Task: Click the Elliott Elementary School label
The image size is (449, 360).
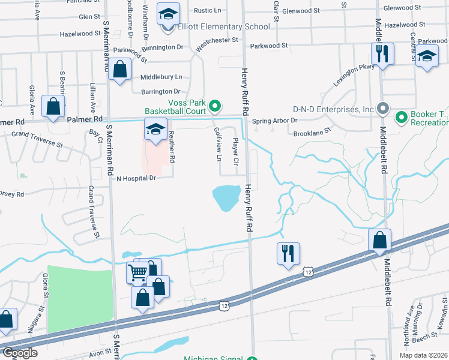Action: [x=224, y=27]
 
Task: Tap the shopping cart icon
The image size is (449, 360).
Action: [x=137, y=274]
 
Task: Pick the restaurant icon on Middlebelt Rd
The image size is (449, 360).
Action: [x=382, y=54]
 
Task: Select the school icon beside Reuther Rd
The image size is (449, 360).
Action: [x=155, y=129]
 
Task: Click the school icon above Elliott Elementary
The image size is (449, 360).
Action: [x=168, y=13]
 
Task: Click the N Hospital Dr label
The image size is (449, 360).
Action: [x=136, y=178]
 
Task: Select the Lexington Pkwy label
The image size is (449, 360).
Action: [x=354, y=76]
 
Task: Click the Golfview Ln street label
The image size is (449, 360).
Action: [x=218, y=144]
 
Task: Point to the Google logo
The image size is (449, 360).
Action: [x=20, y=353]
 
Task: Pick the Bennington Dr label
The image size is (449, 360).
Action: [x=163, y=47]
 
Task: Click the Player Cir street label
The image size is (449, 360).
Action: [x=236, y=152]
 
